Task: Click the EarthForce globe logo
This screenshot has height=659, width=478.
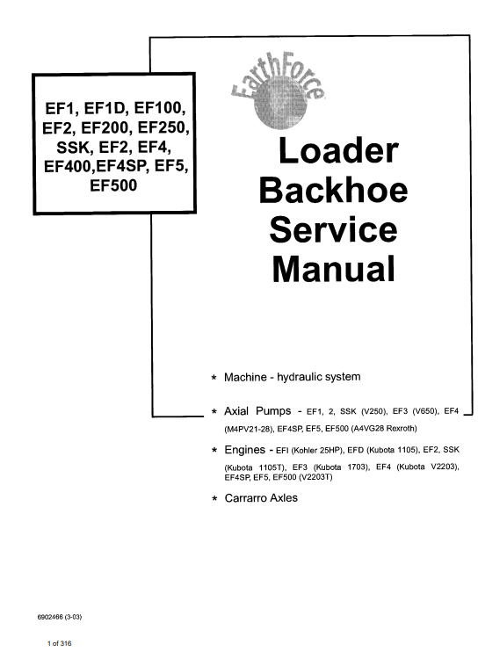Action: click(x=278, y=93)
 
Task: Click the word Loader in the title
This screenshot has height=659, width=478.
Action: click(x=338, y=150)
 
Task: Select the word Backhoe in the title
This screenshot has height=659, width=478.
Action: click(x=333, y=190)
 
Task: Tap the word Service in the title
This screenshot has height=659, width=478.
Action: click(x=333, y=229)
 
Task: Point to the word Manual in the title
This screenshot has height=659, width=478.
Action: click(x=334, y=269)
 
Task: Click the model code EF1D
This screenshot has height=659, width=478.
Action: click(x=106, y=108)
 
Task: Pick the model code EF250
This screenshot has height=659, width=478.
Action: click(x=163, y=127)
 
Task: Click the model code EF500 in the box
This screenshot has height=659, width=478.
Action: click(x=113, y=185)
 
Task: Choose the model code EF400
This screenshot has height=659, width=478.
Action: click(x=68, y=166)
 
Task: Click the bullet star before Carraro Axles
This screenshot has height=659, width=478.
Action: click(x=214, y=499)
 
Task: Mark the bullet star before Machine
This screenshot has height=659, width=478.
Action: click(x=214, y=378)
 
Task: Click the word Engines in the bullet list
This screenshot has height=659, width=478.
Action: click(x=244, y=450)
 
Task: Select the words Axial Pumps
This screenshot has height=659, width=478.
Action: click(x=257, y=410)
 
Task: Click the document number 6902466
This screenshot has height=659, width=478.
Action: click(x=50, y=617)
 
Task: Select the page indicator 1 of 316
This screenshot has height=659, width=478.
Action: click(x=59, y=643)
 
